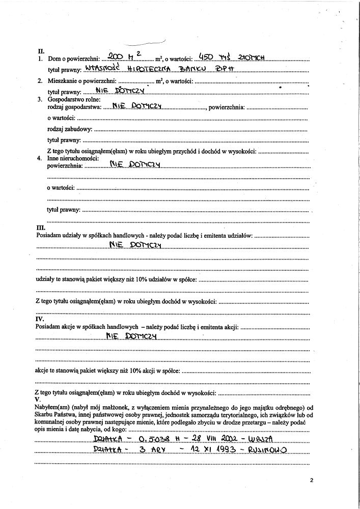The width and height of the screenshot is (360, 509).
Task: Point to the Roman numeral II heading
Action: [41, 51]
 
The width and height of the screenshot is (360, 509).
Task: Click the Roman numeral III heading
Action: [41, 228]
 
